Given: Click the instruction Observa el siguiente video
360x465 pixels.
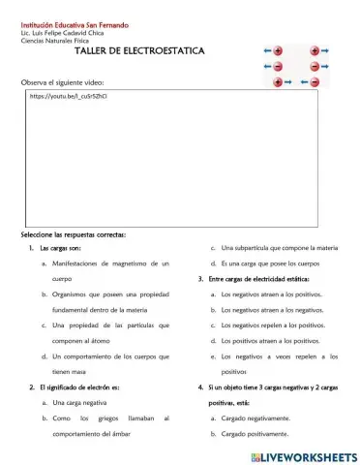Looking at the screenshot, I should pyautogui.click(x=62, y=82).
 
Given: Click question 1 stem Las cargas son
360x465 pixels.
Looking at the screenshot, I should pyautogui.click(x=60, y=248).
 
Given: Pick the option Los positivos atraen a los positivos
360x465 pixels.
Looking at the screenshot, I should pyautogui.click(x=270, y=340).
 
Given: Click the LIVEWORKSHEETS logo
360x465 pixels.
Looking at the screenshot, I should pyautogui.click(x=296, y=454).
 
